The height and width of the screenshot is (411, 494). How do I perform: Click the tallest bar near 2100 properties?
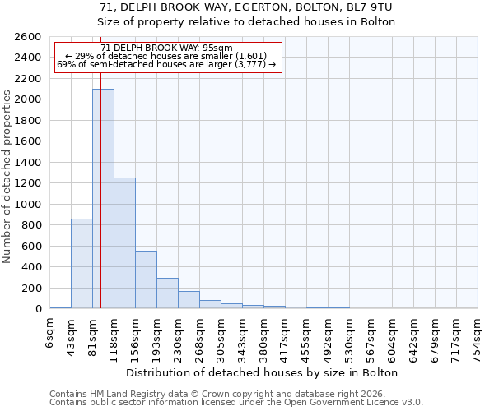(103, 198)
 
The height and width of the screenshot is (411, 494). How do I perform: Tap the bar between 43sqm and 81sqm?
(82, 263)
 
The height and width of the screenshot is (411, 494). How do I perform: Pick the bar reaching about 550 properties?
(146, 279)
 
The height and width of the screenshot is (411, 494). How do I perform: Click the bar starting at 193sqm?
(167, 293)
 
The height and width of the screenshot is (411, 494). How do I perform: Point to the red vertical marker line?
(100, 164)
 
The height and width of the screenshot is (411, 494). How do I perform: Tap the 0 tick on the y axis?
(39, 309)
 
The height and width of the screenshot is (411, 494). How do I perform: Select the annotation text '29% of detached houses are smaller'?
(168, 56)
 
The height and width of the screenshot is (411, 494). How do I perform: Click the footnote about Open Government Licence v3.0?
(236, 402)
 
